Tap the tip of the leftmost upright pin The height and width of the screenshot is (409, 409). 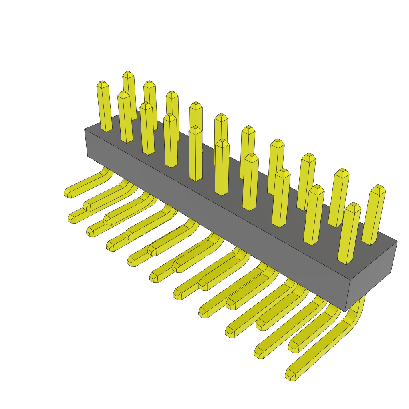pos(102,84)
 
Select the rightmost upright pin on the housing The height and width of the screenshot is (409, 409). pos(374,216)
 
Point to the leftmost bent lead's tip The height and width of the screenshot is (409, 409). pos(68,193)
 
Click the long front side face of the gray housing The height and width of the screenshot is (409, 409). pos(216,216)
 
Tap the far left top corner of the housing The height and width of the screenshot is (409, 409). pos(85,129)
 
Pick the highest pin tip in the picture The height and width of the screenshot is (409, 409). pos(128,74)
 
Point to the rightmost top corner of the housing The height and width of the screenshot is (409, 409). pos(397,242)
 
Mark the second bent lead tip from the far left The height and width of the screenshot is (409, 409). pos(71,219)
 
